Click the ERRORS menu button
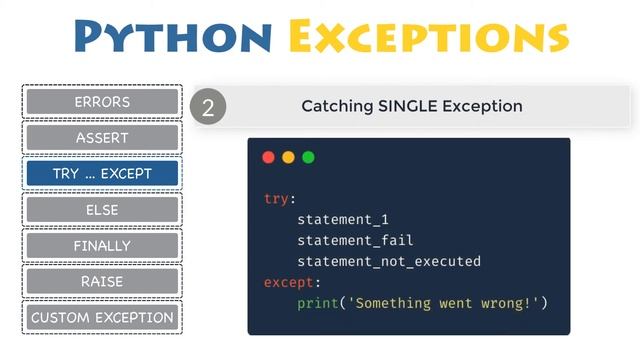coord(102,102)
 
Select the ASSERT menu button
coord(102,138)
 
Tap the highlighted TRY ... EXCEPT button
coord(102,174)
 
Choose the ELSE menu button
coord(102,210)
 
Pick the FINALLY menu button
coord(102,246)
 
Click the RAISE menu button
coord(102,282)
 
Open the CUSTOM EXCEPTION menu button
coord(102,318)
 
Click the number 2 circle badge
coord(208,107)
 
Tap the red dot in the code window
coord(268,157)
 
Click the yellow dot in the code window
coord(288,157)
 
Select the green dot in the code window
coord(308,157)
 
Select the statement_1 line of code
coord(341,219)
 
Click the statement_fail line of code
coord(355,240)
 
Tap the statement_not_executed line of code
coord(389,261)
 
